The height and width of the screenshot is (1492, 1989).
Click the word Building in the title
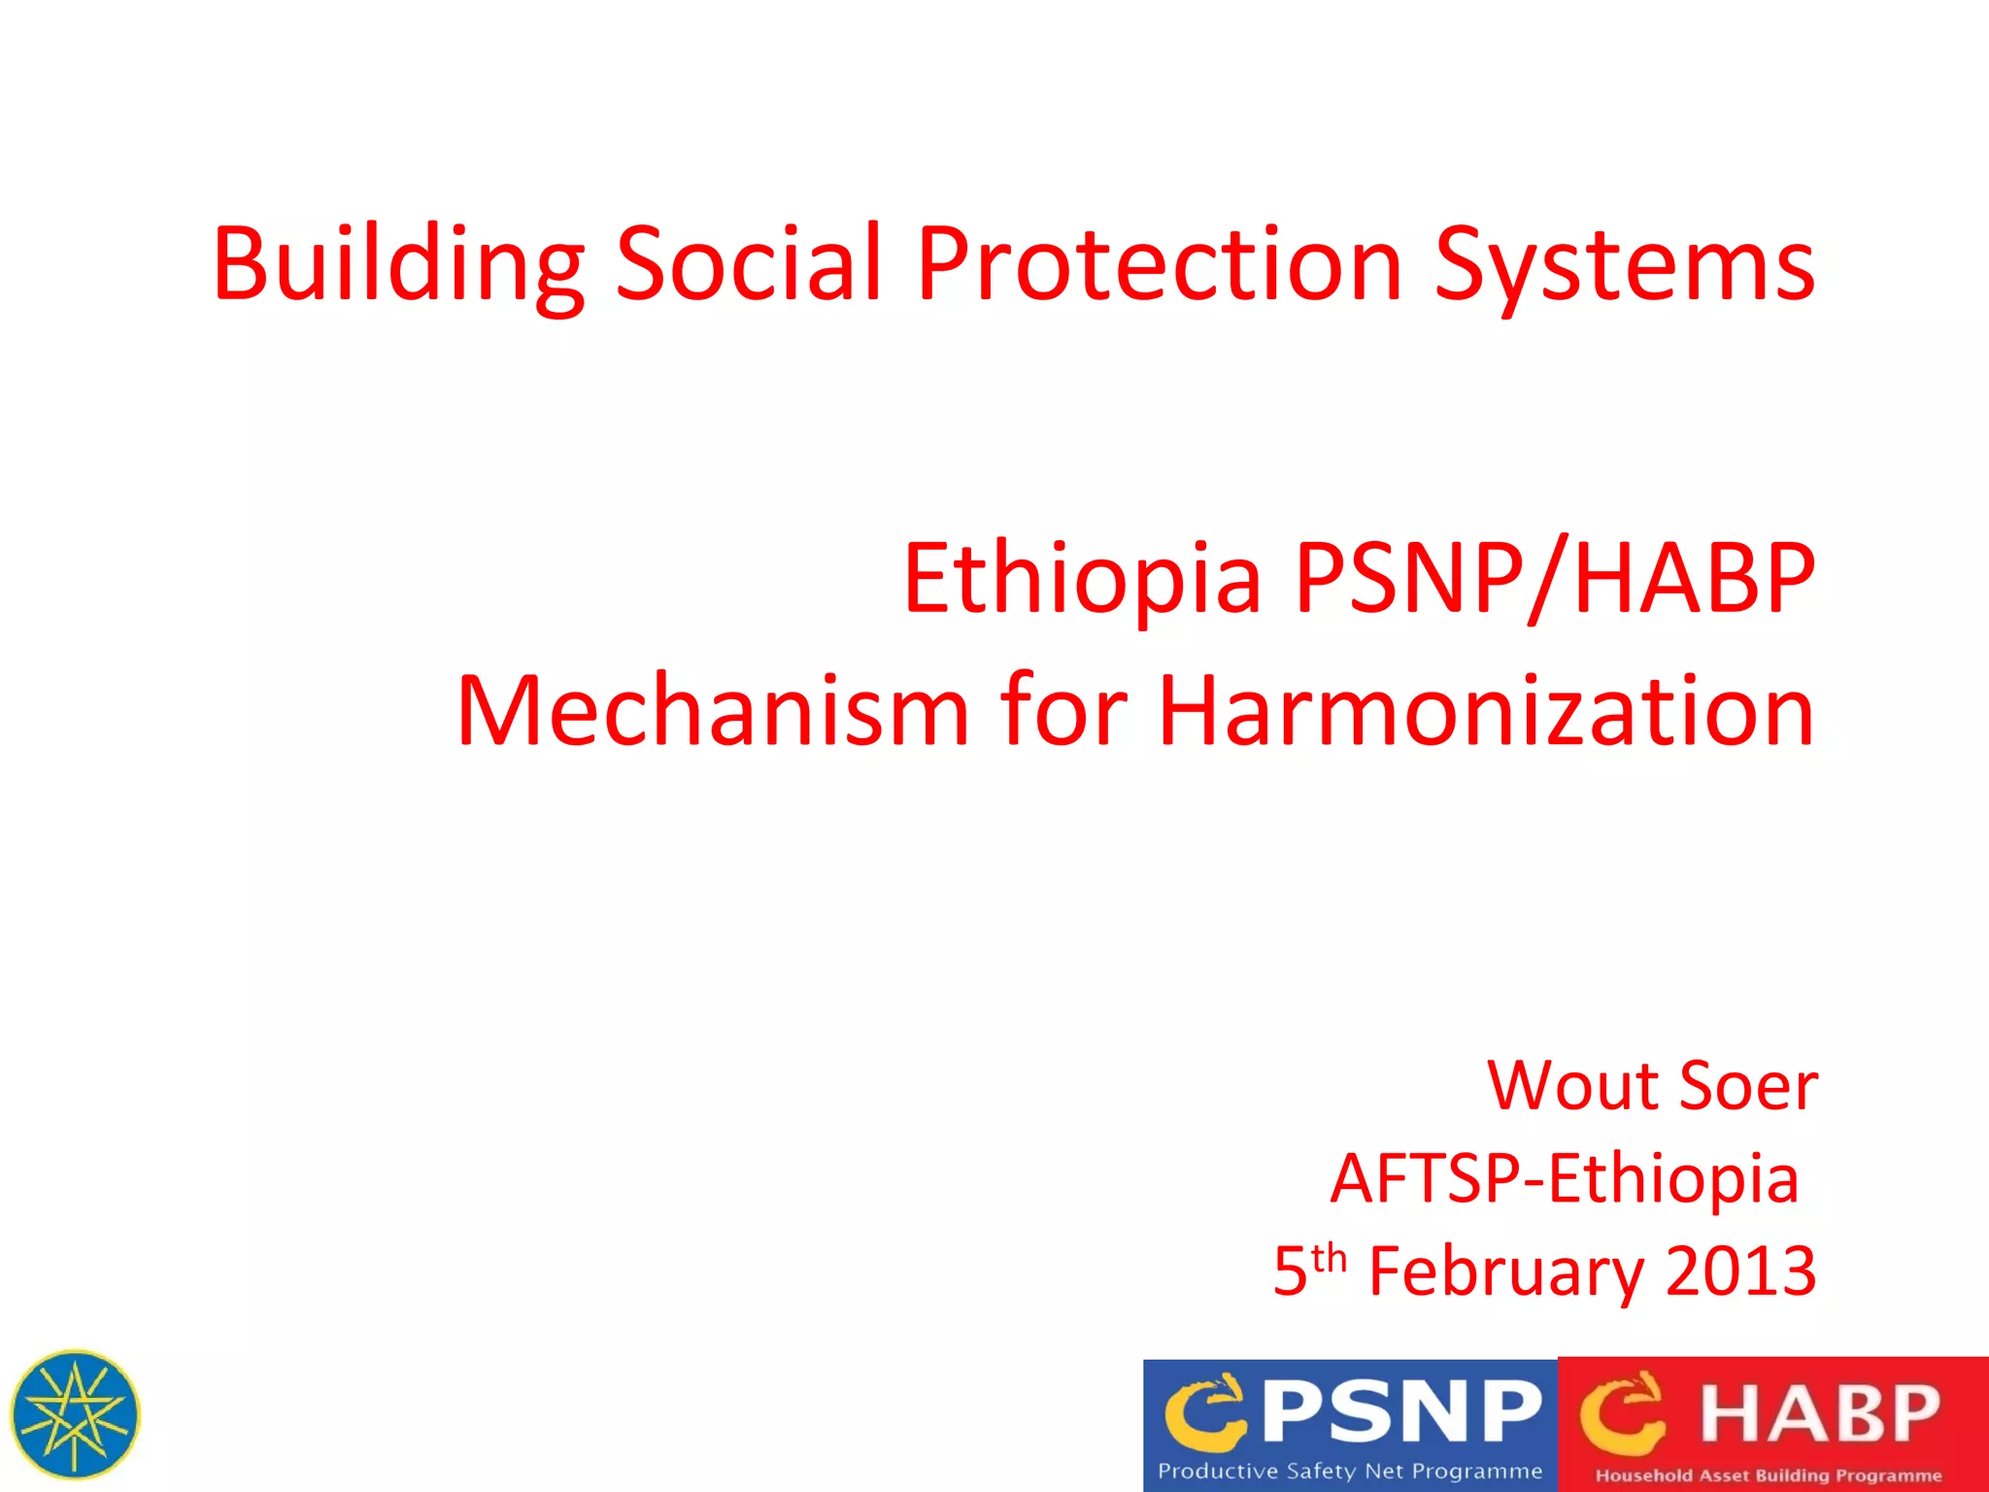click(398, 264)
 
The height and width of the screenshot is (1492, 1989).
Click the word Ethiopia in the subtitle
click(1082, 579)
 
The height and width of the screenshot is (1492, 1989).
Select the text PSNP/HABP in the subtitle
click(1554, 579)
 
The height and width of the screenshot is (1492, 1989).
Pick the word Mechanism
click(713, 711)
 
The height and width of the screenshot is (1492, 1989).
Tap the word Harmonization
click(1486, 711)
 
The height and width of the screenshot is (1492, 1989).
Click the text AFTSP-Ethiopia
click(1564, 1178)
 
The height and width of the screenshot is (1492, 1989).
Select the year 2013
click(1740, 1271)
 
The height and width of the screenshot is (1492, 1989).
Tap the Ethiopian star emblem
click(75, 1414)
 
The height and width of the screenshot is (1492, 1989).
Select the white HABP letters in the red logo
click(1818, 1413)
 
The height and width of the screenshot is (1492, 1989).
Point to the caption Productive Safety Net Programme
click(1350, 1472)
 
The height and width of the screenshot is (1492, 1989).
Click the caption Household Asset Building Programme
click(1768, 1475)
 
